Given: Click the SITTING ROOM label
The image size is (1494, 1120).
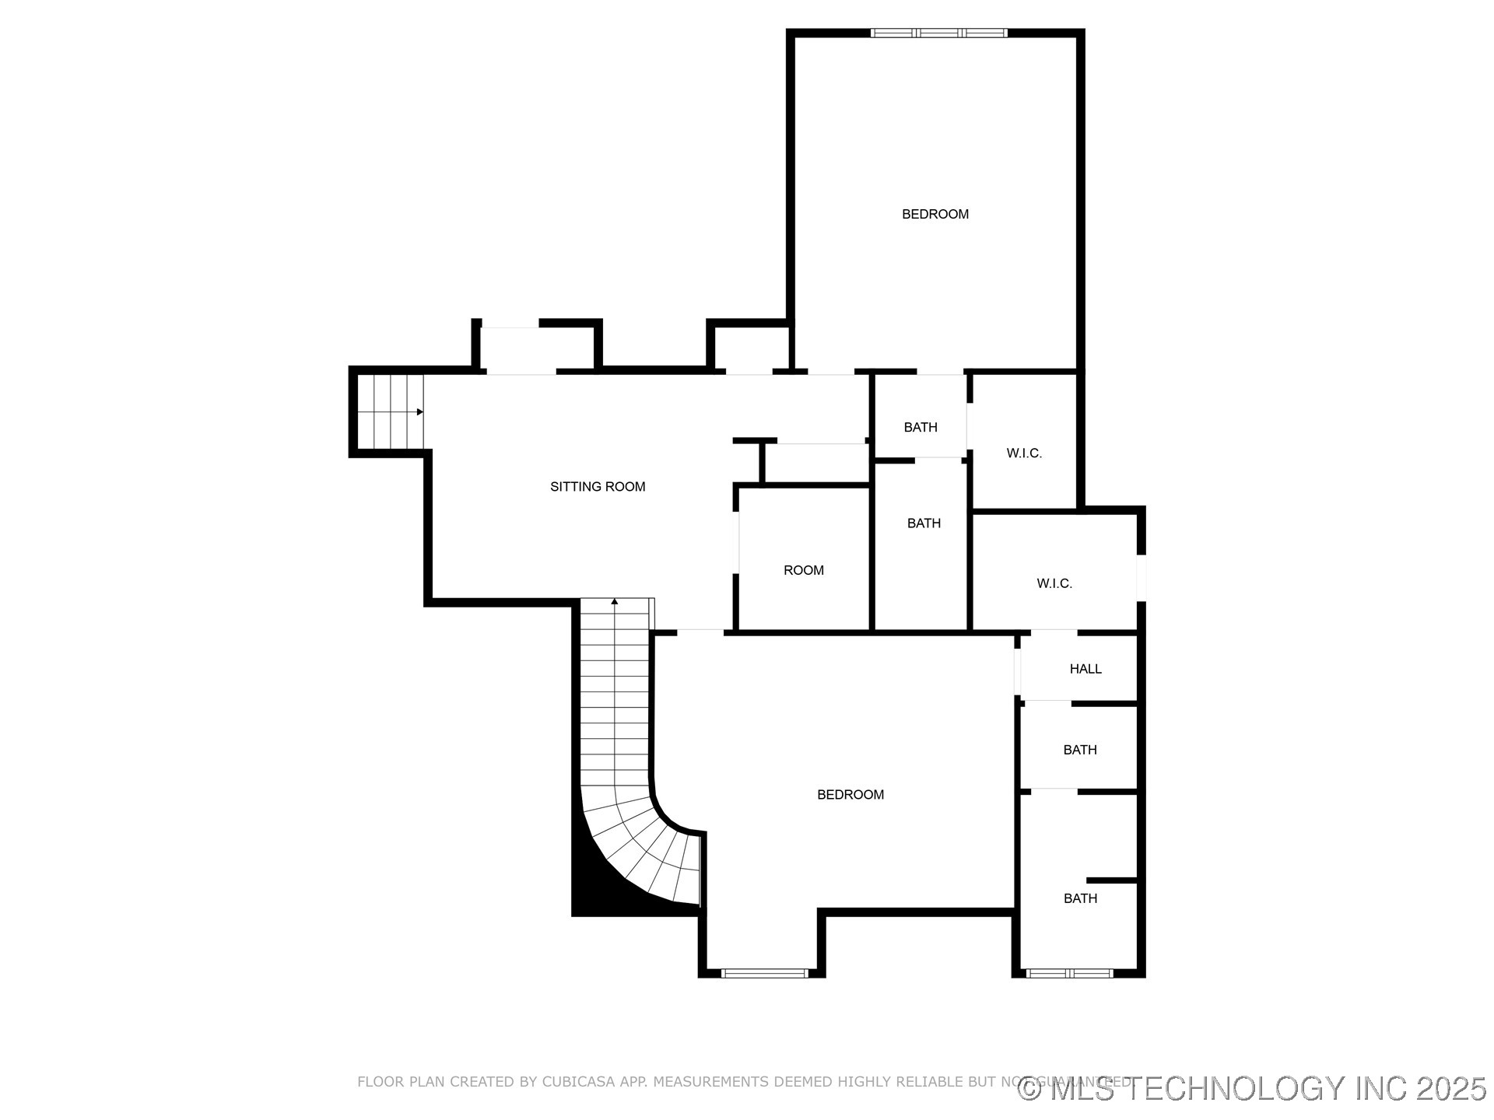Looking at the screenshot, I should click(598, 487).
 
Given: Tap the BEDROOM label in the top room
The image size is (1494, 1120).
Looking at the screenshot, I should click(935, 214).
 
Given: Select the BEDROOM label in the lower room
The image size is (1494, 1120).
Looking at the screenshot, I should click(850, 794).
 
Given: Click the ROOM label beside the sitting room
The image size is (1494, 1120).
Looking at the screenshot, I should click(803, 570).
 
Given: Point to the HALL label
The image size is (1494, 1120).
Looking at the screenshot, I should click(1085, 669).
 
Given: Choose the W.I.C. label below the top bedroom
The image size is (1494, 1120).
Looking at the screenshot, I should click(1023, 453).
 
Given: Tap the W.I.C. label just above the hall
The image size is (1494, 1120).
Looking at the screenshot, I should click(1054, 583).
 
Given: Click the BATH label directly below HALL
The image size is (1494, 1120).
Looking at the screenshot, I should click(1079, 750).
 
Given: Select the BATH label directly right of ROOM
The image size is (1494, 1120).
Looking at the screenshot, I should click(924, 523).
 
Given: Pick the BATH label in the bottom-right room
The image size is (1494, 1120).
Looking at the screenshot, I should click(1080, 898).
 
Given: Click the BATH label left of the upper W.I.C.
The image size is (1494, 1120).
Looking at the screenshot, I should click(920, 427).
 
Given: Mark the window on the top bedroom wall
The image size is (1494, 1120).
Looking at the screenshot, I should click(938, 33).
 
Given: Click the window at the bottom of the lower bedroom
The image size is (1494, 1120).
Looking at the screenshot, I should click(764, 972).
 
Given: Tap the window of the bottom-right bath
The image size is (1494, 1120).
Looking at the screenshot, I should click(1069, 972).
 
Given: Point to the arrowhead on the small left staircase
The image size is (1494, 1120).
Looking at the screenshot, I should click(420, 411).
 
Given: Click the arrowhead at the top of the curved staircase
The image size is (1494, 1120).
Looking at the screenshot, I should click(615, 601).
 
